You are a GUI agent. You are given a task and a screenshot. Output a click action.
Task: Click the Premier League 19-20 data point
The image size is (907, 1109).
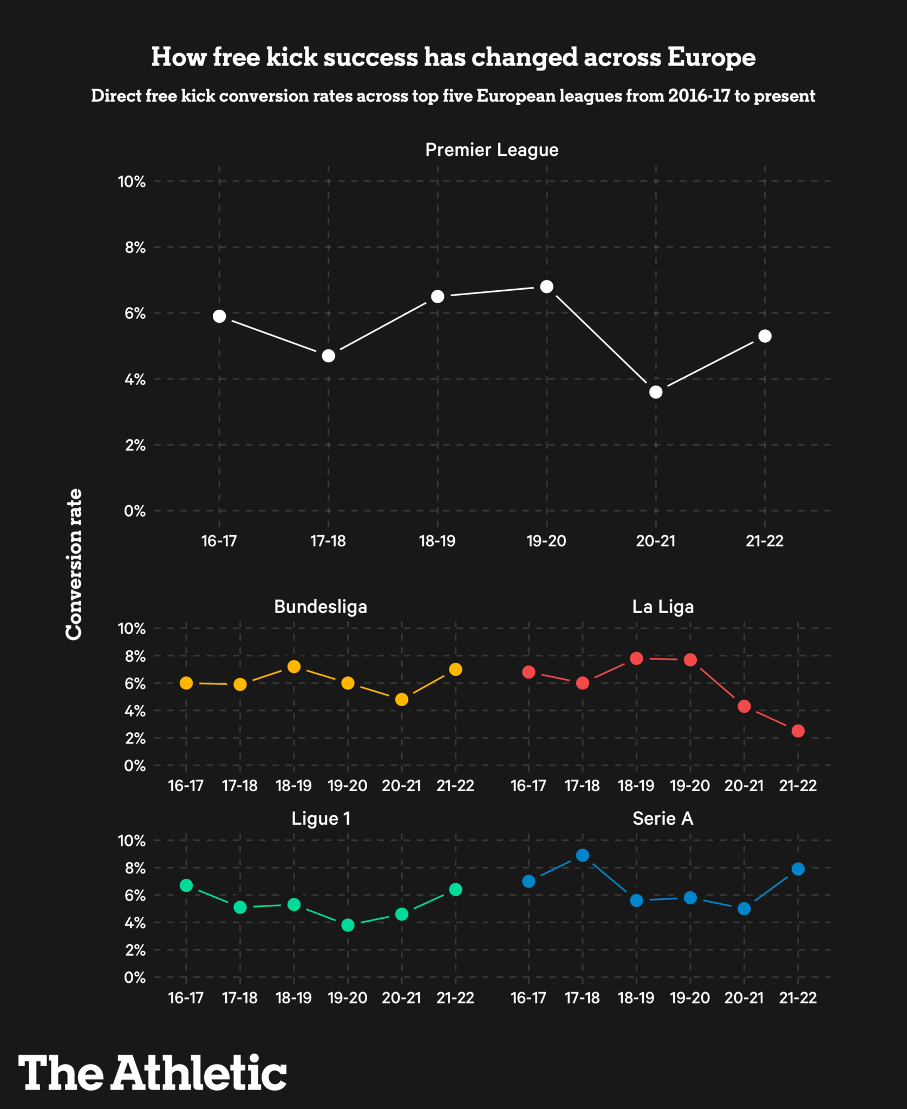[546, 286]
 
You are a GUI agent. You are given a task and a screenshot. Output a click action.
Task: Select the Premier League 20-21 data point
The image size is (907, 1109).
[656, 392]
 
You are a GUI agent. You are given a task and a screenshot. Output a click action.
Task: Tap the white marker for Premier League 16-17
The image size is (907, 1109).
[219, 316]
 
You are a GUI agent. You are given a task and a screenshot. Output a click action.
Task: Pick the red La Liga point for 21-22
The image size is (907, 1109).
[798, 731]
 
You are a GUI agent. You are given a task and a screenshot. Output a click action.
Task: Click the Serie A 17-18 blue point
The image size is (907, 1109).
[583, 856]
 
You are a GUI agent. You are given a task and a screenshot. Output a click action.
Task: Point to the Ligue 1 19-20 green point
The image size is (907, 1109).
[348, 925]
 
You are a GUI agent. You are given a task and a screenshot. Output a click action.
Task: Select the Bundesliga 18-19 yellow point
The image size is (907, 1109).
[294, 667]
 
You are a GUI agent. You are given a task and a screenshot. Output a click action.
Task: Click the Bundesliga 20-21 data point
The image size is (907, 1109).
[402, 700]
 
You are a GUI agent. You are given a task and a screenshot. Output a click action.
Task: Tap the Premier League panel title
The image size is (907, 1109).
[492, 150]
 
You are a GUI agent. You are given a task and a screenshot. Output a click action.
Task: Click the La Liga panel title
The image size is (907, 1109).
[663, 606]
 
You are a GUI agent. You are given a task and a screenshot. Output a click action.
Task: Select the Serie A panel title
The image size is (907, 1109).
[663, 818]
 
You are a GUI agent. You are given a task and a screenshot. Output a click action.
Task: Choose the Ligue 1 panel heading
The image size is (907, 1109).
[321, 818]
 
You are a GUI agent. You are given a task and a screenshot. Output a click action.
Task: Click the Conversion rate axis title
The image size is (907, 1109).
[74, 564]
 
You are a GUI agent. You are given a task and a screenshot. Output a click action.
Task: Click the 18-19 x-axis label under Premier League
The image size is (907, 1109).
[437, 541]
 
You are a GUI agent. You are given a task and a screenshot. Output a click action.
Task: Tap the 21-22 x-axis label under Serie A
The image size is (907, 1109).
[798, 998]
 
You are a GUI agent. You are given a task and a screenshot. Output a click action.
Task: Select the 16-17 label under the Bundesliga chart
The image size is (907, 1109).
[186, 786]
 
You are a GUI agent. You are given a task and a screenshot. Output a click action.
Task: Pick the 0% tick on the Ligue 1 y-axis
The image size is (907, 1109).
[135, 977]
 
